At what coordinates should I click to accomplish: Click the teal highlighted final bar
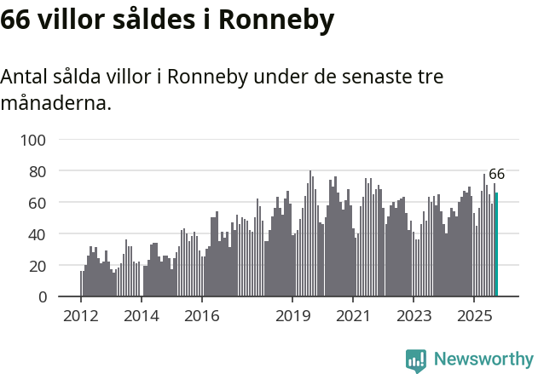tap(496, 245)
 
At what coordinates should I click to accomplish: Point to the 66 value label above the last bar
tap(496, 174)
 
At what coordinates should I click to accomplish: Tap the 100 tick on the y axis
tap(35, 140)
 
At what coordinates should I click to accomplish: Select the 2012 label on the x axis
tap(81, 317)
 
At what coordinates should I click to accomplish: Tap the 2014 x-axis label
tap(142, 317)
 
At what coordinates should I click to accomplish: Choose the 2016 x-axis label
tap(201, 317)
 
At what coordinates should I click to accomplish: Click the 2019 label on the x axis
tap(292, 317)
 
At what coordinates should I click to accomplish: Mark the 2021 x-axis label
tap(352, 317)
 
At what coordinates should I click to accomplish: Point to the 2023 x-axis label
tap(413, 317)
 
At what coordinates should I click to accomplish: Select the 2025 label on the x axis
tap(472, 317)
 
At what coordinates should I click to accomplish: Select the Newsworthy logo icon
tap(416, 360)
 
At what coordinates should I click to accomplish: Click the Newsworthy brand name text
tap(483, 360)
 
